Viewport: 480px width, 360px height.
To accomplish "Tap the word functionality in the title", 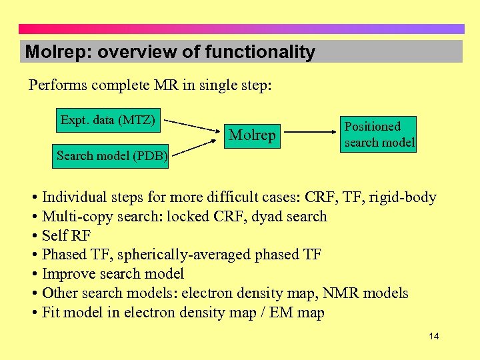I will click(x=260, y=52).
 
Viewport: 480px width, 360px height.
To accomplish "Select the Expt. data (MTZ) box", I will click(x=108, y=120).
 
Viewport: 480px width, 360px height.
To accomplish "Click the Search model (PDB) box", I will click(x=111, y=156).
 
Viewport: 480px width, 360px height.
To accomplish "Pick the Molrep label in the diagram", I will click(x=252, y=135).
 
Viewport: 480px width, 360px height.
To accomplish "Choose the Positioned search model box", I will click(x=379, y=134).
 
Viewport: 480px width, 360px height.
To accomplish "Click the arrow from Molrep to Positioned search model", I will click(x=312, y=133).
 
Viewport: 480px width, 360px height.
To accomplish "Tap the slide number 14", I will click(x=433, y=336).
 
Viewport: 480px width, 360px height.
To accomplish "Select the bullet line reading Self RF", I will click(x=65, y=235).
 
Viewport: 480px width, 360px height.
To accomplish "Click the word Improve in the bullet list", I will click(x=67, y=274).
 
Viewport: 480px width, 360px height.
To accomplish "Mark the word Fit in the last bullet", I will click(x=51, y=313).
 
